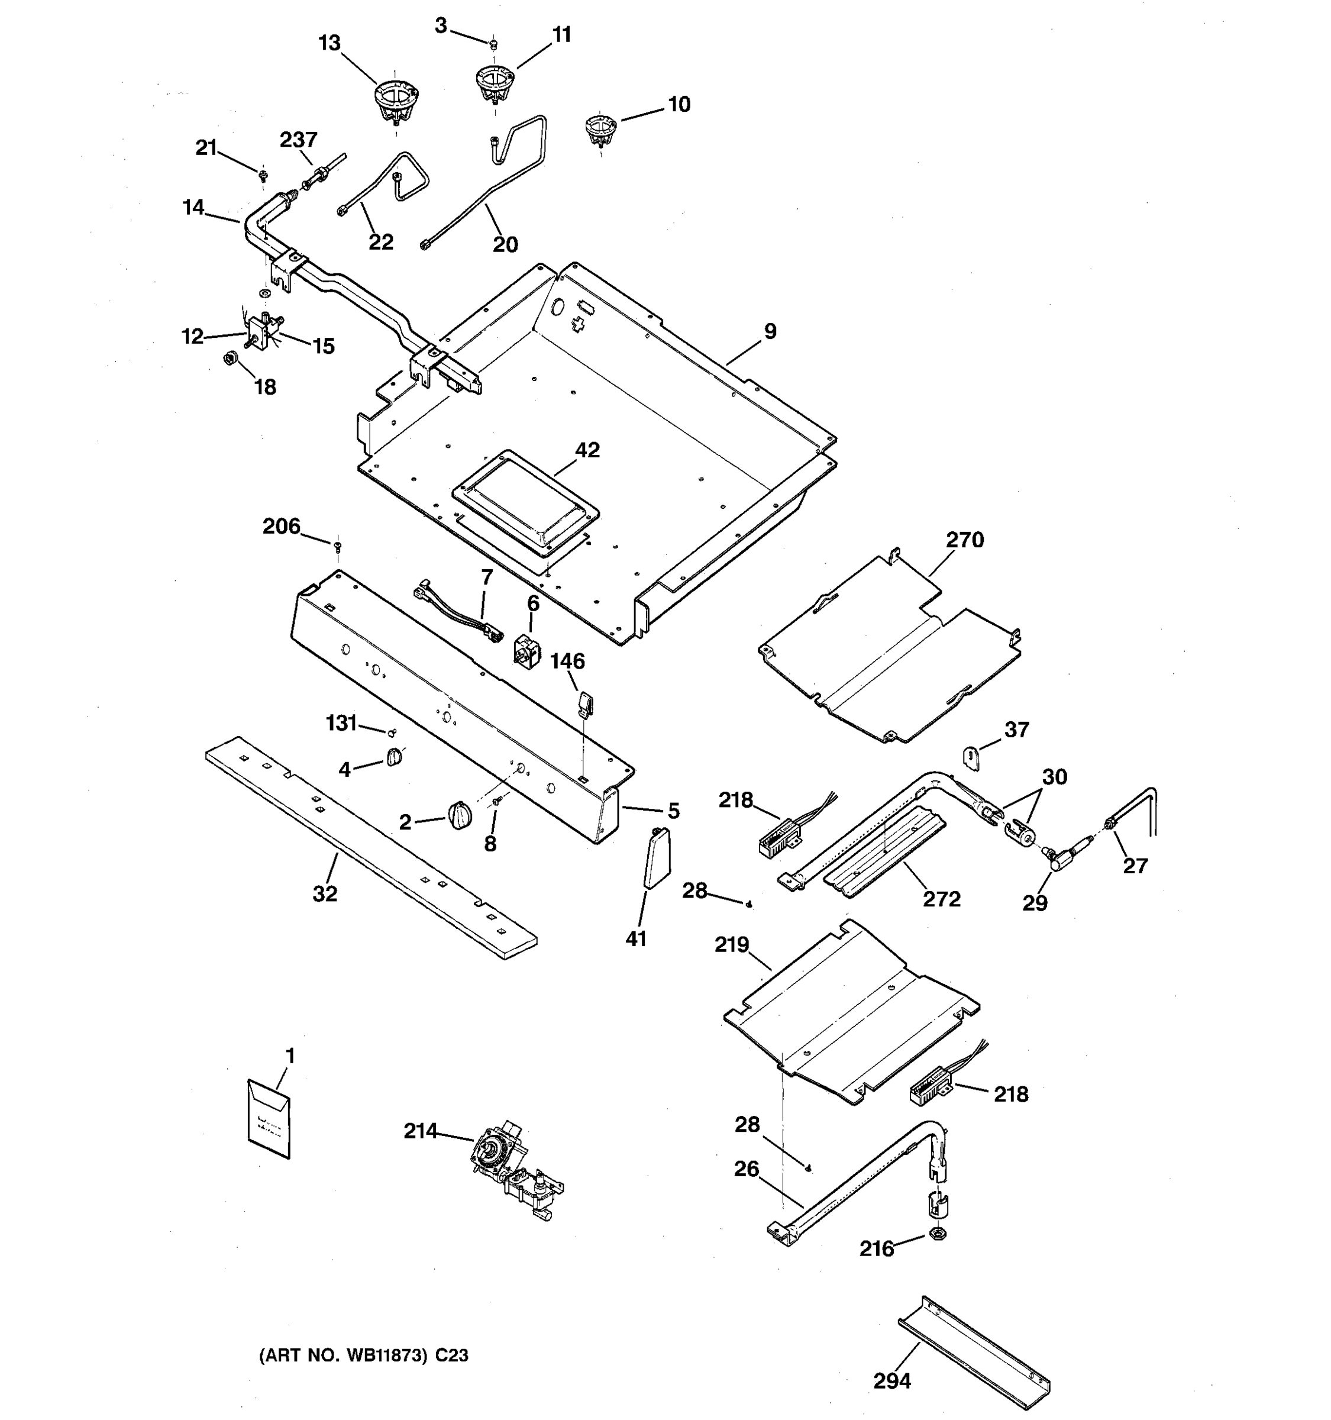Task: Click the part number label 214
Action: [x=421, y=1131]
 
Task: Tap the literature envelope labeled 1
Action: [x=269, y=1120]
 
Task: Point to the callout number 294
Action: [x=892, y=1381]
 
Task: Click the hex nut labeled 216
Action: [x=939, y=1233]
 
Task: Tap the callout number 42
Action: [x=587, y=450]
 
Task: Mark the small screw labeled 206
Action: [x=338, y=547]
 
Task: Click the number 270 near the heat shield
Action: [x=965, y=540]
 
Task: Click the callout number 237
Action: [x=299, y=140]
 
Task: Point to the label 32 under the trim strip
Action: [x=325, y=893]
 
